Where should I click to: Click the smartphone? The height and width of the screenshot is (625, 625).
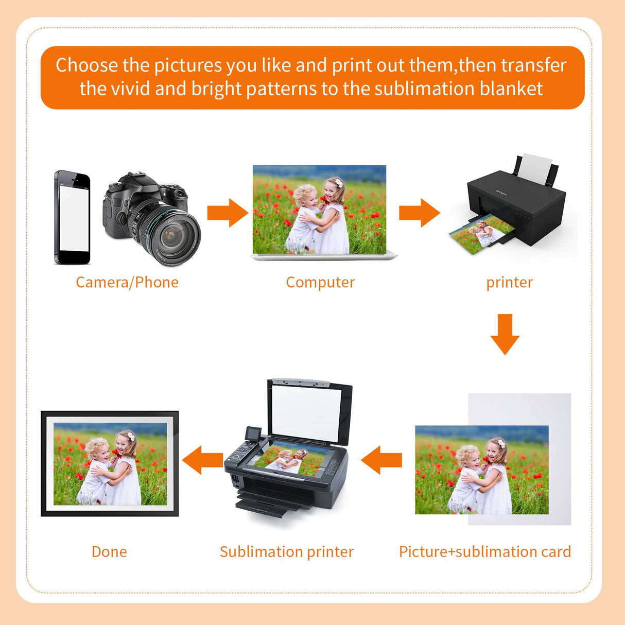[x=72, y=217]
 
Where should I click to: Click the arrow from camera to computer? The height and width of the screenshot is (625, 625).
[x=228, y=213]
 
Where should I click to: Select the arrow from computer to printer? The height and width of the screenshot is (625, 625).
[x=420, y=213]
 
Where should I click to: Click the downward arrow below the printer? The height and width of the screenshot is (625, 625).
[x=505, y=335]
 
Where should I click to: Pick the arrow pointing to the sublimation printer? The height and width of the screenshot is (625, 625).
[x=381, y=460]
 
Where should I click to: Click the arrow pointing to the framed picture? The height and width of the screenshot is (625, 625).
[x=202, y=460]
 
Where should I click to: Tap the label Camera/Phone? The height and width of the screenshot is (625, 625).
[x=127, y=282]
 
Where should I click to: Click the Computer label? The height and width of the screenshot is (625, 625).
[x=320, y=283]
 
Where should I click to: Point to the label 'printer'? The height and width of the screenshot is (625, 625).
[x=510, y=283]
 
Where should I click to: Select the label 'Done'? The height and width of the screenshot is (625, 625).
[x=109, y=552]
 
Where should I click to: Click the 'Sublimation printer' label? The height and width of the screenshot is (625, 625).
[x=287, y=552]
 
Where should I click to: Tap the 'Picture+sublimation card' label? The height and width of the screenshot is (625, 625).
[x=485, y=552]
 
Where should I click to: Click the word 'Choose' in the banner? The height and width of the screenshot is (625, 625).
[x=86, y=65]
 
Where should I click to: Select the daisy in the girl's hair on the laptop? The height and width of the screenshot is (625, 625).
[x=339, y=183]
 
